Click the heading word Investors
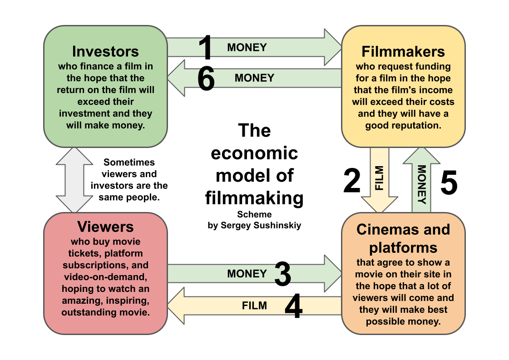point(105,51)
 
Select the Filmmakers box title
point(403,51)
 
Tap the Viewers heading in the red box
point(105,226)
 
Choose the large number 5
point(449,184)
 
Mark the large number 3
point(282,274)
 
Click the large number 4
point(293,306)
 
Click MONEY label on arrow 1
point(247,47)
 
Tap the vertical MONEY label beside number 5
point(422,184)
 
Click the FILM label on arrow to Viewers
point(254,306)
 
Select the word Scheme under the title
point(254,214)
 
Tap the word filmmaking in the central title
point(254,198)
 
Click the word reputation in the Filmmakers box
point(415,125)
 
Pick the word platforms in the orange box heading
point(403,247)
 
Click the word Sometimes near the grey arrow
point(129,162)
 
